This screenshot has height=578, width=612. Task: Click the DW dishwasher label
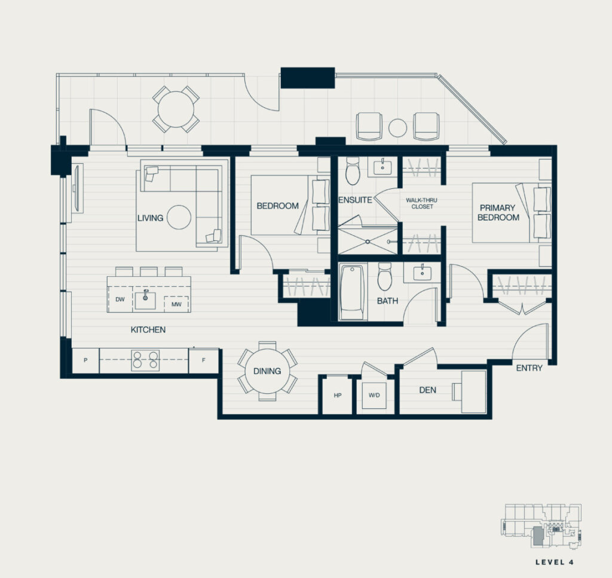tap(120, 299)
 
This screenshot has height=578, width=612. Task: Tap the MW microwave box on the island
tap(176, 304)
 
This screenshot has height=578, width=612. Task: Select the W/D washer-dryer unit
tap(374, 395)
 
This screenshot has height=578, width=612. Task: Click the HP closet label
tap(338, 395)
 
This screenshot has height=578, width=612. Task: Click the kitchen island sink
tap(145, 299)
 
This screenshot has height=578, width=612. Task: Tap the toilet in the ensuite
tap(353, 170)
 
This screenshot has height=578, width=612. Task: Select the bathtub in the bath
tap(353, 292)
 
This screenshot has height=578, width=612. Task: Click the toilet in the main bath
tap(384, 276)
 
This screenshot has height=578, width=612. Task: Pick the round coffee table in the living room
tap(179, 218)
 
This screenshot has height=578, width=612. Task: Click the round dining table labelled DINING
tap(267, 371)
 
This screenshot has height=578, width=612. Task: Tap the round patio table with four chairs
tap(176, 109)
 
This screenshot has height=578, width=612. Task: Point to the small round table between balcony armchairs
tap(397, 128)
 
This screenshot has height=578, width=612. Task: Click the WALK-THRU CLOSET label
tap(421, 203)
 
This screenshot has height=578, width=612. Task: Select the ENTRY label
tap(530, 368)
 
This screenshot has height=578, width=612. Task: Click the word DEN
tap(428, 390)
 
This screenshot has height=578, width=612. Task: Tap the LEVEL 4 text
tap(554, 562)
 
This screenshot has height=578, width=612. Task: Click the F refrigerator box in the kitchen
tap(203, 360)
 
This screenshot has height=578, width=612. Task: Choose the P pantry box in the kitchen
tap(86, 360)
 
